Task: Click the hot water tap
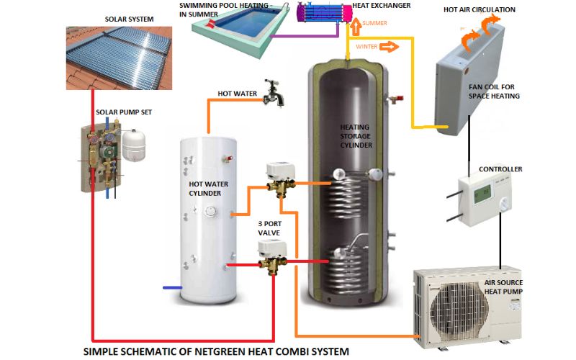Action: click(x=274, y=93)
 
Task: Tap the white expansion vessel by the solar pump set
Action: click(x=133, y=145)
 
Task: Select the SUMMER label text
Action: click(x=374, y=23)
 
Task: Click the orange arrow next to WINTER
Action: click(x=389, y=47)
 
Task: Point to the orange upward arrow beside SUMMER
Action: click(x=355, y=27)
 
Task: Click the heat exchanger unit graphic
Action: click(x=325, y=12)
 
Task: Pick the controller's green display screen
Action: click(x=482, y=193)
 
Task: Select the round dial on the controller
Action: click(x=505, y=204)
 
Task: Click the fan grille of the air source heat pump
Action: click(x=459, y=309)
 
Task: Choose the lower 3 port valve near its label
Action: click(x=273, y=256)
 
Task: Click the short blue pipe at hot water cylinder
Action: click(x=172, y=287)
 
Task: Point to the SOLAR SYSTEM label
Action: click(x=130, y=19)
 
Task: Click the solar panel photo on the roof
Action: click(x=119, y=58)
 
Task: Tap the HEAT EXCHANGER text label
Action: click(x=382, y=6)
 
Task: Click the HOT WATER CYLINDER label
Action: click(x=208, y=189)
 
